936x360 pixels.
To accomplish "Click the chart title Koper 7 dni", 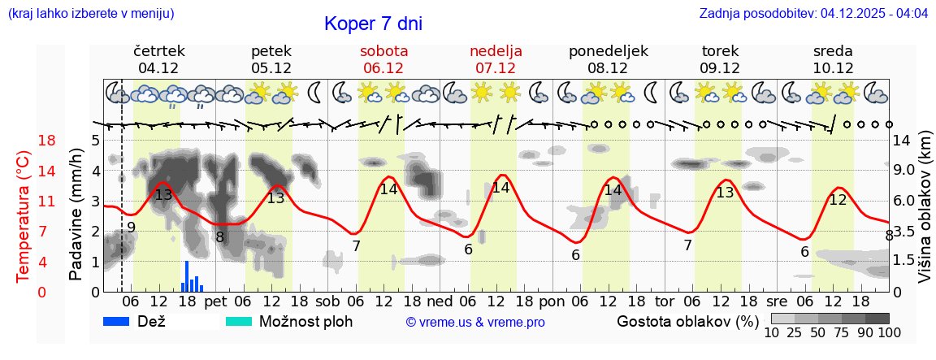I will [373, 24].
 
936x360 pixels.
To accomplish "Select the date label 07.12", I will [496, 68].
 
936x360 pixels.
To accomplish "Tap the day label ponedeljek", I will [608, 51].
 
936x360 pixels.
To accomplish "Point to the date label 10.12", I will [833, 68].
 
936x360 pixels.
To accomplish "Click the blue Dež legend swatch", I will [122, 321].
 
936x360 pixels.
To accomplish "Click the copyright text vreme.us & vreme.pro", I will [475, 322].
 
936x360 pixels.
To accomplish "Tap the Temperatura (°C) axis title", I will [24, 215].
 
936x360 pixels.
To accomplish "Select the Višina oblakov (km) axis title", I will [924, 215].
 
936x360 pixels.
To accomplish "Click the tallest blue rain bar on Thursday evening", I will [187, 275].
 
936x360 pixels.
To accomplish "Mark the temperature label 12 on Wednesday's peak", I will [837, 200].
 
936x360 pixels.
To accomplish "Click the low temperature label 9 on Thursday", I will [131, 227].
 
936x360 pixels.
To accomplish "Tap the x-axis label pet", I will [215, 301].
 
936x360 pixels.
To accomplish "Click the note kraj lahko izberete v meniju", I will [90, 14].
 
